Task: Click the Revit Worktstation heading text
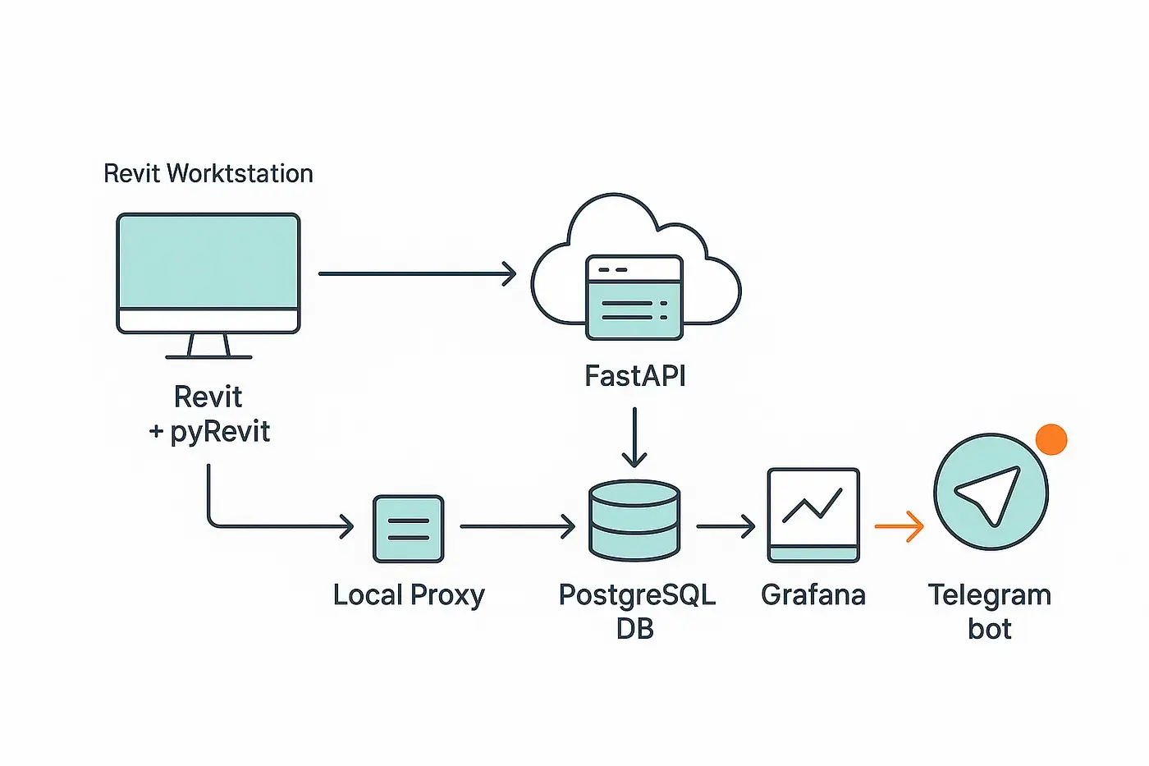[208, 173]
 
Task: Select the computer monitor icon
[208, 273]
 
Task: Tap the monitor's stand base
[208, 356]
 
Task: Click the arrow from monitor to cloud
[417, 273]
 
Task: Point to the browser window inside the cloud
[634, 297]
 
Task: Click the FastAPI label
[634, 376]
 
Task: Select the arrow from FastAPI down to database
[634, 437]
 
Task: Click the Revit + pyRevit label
[209, 414]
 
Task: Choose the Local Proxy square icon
[409, 529]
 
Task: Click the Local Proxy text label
[409, 594]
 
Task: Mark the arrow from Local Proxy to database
[517, 526]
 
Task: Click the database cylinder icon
[634, 521]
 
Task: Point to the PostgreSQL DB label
[636, 611]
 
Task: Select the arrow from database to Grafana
[726, 526]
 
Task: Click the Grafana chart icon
[813, 515]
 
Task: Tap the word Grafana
[813, 594]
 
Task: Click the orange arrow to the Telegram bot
[900, 526]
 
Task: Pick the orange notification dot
[1051, 439]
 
